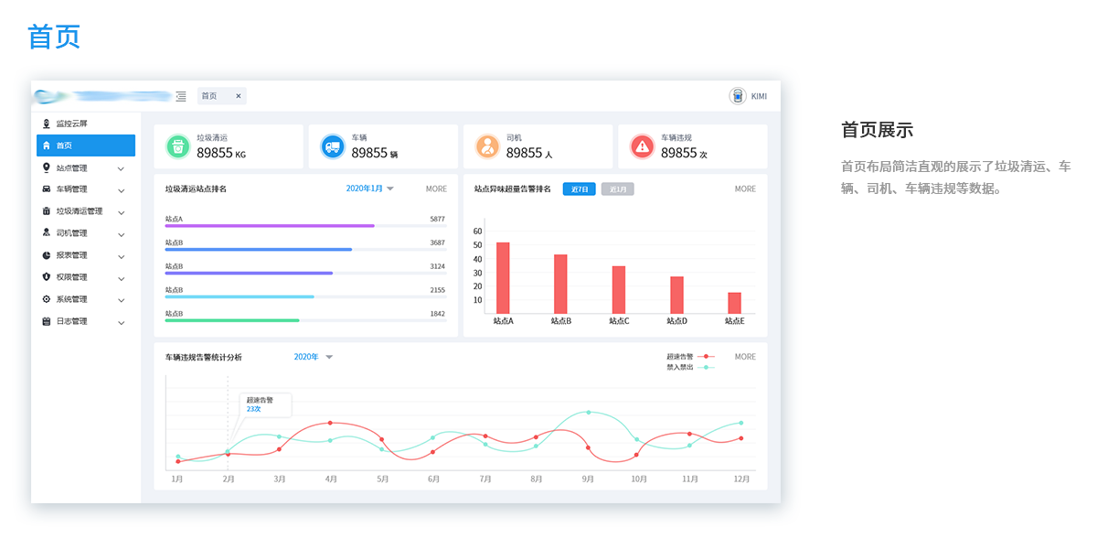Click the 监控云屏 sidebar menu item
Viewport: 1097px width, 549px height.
click(71, 124)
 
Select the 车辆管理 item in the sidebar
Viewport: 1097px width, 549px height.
click(71, 189)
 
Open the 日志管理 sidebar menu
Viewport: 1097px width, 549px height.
click(71, 321)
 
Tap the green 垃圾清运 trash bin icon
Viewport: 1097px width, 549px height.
click(177, 146)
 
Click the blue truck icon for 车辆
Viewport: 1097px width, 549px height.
click(332, 146)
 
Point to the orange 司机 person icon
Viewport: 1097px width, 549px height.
click(487, 146)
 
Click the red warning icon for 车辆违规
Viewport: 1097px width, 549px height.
click(642, 146)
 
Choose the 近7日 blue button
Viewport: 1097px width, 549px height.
click(579, 189)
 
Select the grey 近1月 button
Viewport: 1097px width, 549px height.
click(617, 189)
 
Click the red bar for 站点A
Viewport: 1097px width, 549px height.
click(503, 277)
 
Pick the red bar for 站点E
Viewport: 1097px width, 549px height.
click(734, 303)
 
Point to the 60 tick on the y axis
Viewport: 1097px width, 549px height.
click(477, 231)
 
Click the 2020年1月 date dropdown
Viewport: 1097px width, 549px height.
click(369, 188)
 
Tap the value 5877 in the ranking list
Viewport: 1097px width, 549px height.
click(437, 219)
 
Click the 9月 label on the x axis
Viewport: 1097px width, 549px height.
click(588, 479)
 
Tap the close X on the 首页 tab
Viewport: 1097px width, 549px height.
click(239, 96)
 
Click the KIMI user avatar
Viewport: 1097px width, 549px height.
click(738, 96)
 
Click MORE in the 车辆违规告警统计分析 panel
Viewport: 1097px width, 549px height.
click(745, 357)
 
